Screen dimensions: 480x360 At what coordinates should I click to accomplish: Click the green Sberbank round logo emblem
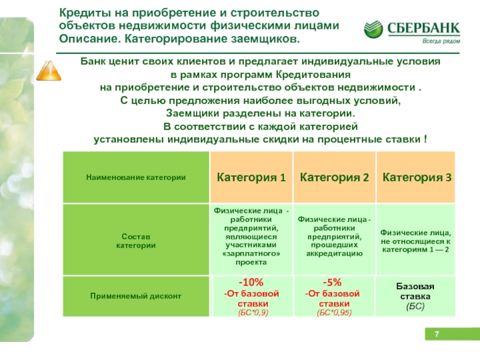(373, 29)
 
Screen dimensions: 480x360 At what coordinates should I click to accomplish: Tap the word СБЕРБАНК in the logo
(424, 28)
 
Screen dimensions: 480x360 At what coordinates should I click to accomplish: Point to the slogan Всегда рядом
(441, 41)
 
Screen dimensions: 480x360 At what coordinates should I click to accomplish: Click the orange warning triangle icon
(49, 71)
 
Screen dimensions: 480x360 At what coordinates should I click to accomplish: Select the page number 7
(437, 334)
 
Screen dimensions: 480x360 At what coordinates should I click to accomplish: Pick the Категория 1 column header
(251, 177)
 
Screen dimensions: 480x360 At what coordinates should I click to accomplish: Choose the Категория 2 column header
(334, 177)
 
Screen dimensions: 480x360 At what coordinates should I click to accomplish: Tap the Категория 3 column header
(417, 177)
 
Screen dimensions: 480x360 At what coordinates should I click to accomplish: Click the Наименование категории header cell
(136, 178)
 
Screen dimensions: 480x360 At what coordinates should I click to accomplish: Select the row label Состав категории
(136, 241)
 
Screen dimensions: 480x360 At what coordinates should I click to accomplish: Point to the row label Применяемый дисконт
(136, 296)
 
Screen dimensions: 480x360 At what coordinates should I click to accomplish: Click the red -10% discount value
(251, 282)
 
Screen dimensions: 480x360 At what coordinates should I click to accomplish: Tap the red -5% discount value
(332, 282)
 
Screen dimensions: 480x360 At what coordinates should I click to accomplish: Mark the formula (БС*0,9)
(253, 313)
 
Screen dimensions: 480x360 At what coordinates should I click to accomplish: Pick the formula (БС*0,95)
(334, 313)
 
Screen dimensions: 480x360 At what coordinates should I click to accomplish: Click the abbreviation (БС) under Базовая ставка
(415, 307)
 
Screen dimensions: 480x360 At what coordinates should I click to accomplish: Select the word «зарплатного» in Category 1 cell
(251, 253)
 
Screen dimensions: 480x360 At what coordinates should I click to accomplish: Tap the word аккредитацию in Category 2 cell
(334, 253)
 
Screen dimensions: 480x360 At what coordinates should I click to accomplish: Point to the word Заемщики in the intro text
(192, 113)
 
